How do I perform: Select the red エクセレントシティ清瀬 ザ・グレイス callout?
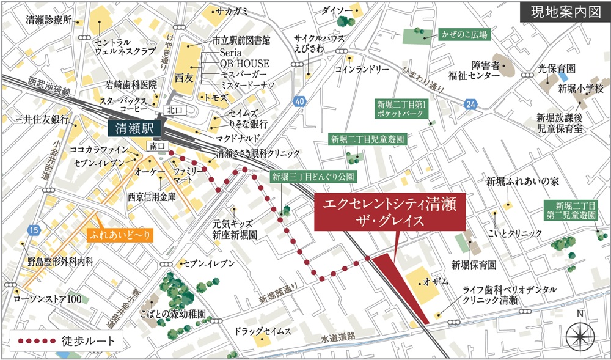click(x=389, y=211)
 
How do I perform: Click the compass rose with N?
click(x=580, y=335)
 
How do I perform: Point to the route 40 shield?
click(x=298, y=101)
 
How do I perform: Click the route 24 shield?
click(x=469, y=105)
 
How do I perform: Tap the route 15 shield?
click(x=33, y=230)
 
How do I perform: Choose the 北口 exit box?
click(x=172, y=110)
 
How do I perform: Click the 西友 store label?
click(x=183, y=78)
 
